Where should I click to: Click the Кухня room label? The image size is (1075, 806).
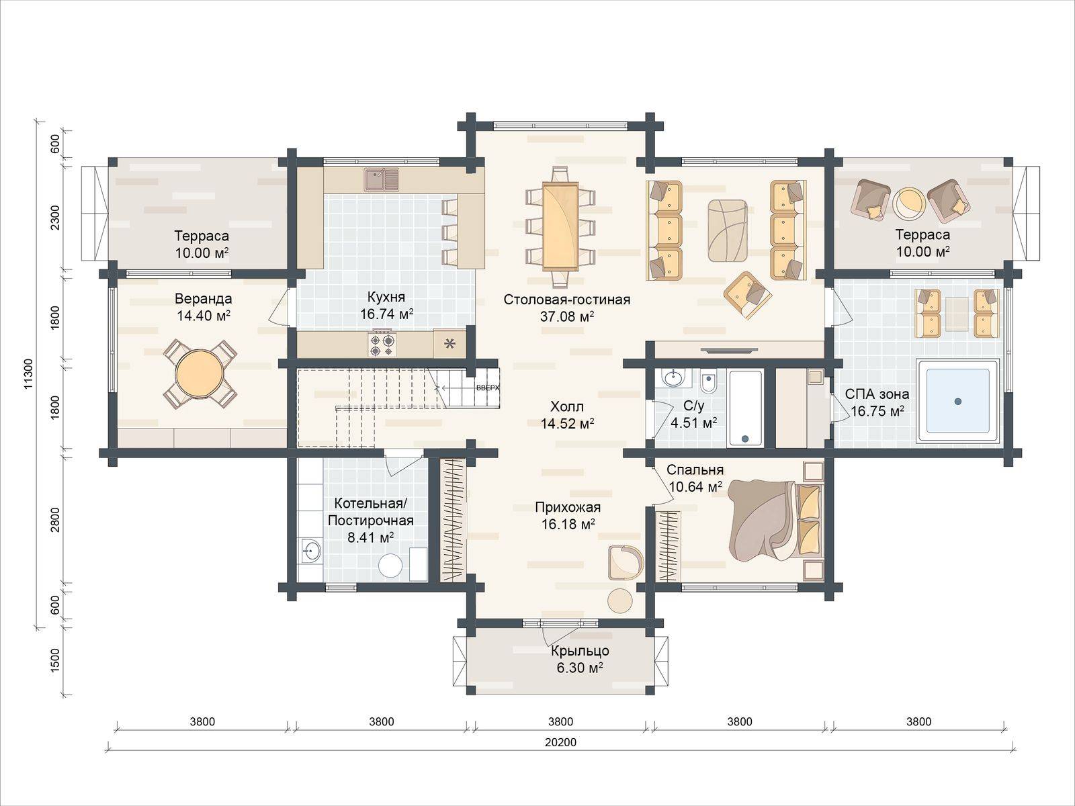pyautogui.click(x=386, y=297)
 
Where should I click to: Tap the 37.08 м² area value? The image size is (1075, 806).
pyautogui.click(x=566, y=316)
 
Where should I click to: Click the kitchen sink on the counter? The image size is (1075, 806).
pyautogui.click(x=381, y=180)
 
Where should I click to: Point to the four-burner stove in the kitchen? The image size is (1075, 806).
pyautogui.click(x=382, y=345)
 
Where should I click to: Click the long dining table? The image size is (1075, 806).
pyautogui.click(x=560, y=226)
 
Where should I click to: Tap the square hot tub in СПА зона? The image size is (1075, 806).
pyautogui.click(x=957, y=402)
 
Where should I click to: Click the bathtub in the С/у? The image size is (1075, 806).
pyautogui.click(x=745, y=408)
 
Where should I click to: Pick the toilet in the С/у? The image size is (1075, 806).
pyautogui.click(x=707, y=384)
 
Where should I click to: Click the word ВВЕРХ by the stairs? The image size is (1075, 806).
pyautogui.click(x=488, y=388)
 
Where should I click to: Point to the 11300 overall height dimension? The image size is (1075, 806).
pyautogui.click(x=28, y=374)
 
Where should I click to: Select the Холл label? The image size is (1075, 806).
pyautogui.click(x=567, y=406)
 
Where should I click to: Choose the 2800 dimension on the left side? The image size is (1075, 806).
pyautogui.click(x=55, y=520)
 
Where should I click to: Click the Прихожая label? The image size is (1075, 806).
pyautogui.click(x=568, y=507)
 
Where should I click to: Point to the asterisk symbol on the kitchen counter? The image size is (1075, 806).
pyautogui.click(x=449, y=345)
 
